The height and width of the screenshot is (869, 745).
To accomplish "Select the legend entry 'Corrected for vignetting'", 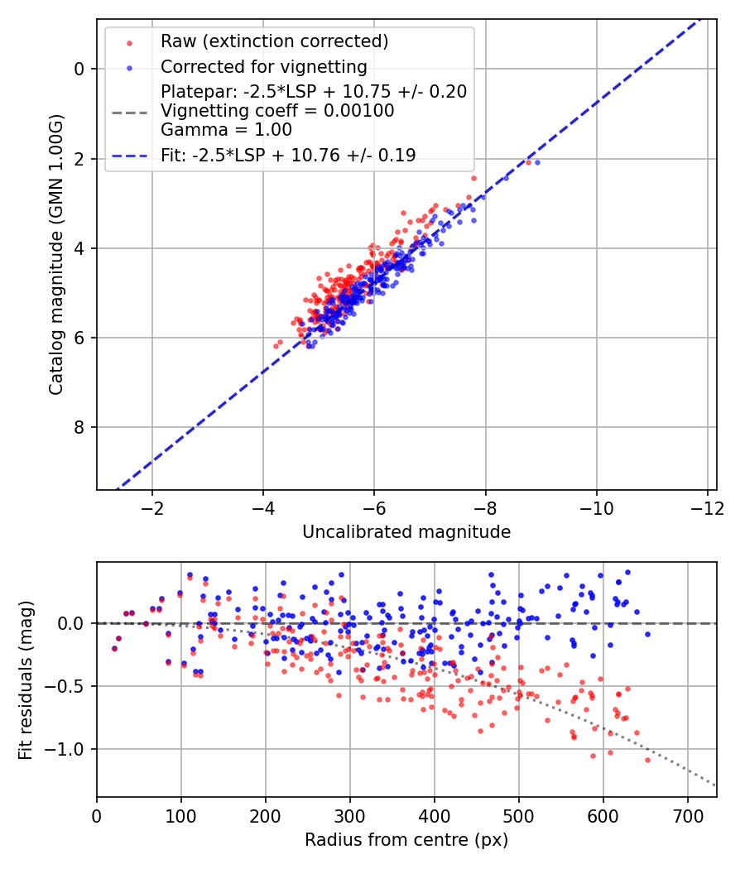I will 263,66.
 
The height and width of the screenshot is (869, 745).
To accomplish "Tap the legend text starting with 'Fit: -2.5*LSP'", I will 288,155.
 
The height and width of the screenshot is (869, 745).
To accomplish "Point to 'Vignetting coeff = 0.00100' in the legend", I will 277,111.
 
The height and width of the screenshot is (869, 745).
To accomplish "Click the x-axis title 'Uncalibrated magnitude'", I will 406,532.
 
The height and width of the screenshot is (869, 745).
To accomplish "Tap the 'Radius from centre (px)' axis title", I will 406,840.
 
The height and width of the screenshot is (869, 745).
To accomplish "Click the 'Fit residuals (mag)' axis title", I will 26,679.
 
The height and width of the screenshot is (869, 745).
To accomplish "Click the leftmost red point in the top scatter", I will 276,346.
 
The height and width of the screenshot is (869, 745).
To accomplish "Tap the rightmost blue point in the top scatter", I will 537,162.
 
